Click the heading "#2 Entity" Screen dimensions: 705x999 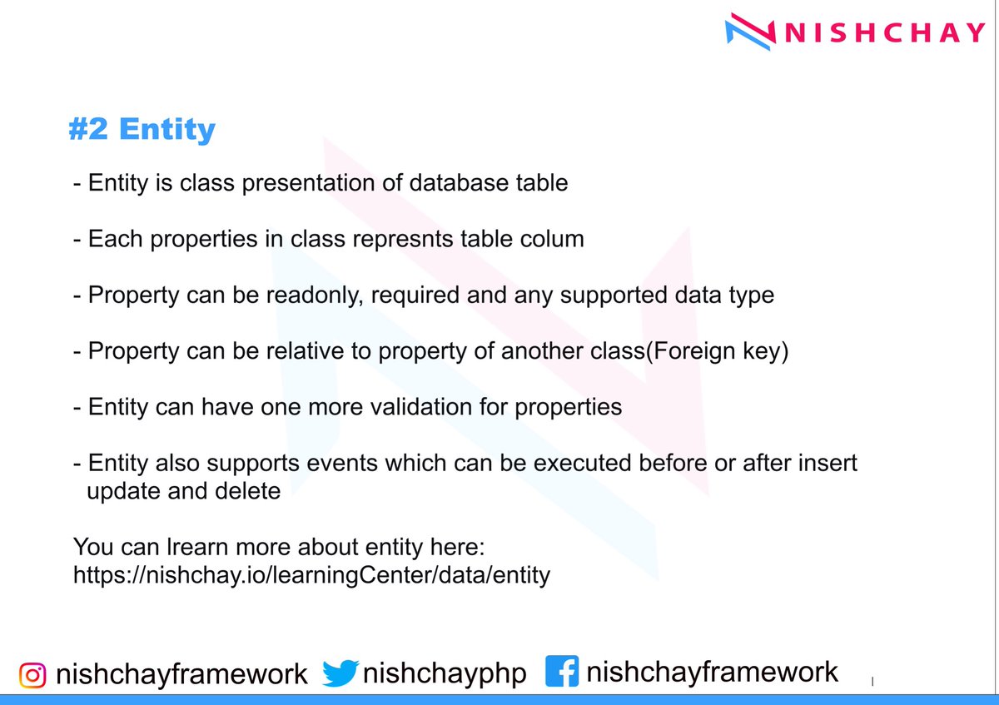click(142, 130)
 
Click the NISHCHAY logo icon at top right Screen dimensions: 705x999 click(749, 32)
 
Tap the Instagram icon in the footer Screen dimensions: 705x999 click(32, 674)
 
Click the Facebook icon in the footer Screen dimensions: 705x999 click(562, 672)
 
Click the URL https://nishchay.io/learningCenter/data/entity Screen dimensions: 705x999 click(312, 575)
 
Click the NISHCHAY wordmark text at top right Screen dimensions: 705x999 click(884, 32)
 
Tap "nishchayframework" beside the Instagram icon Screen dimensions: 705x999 click(181, 674)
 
